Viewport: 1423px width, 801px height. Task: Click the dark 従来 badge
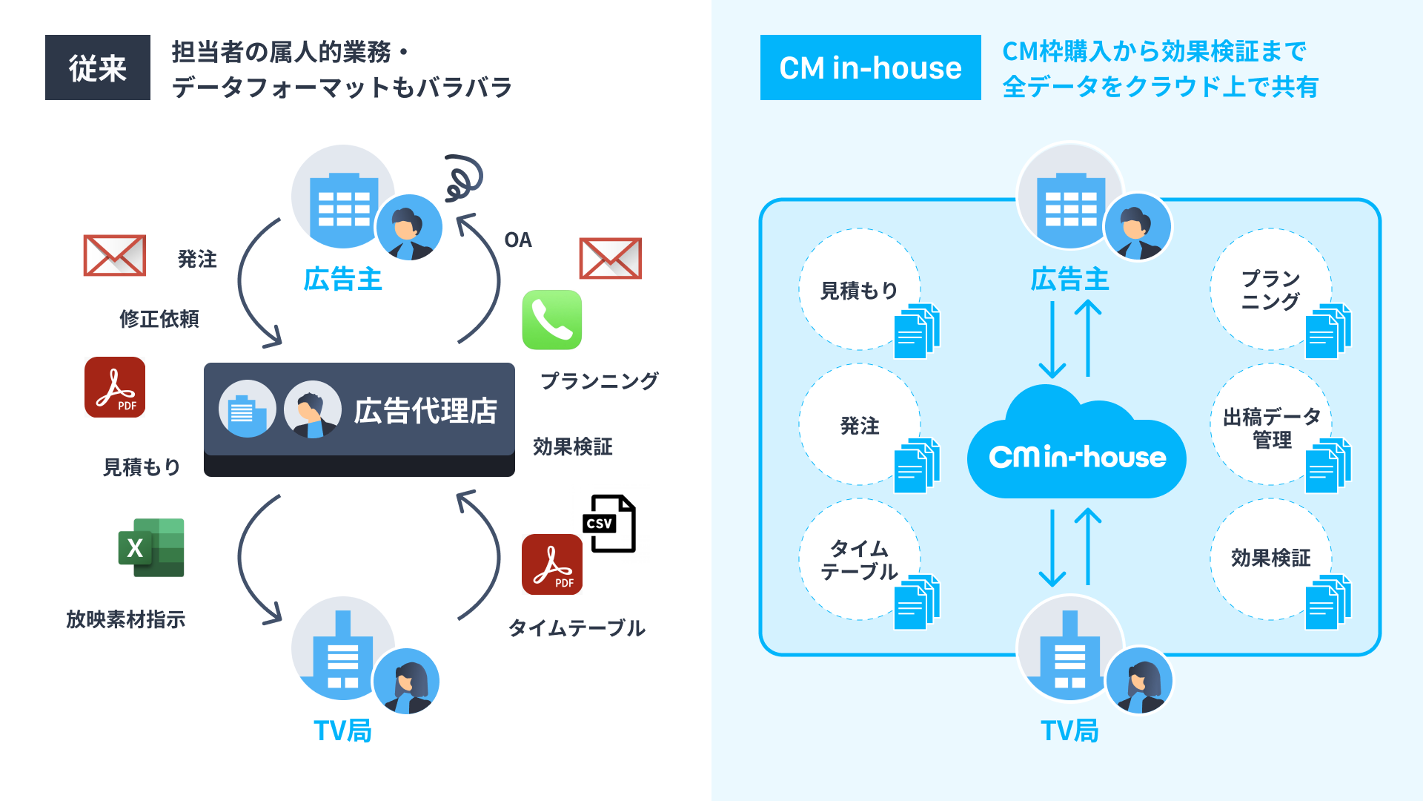pyautogui.click(x=97, y=67)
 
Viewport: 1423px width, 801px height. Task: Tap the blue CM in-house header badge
pyautogui.click(x=870, y=67)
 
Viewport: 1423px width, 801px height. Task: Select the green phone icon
pyautogui.click(x=552, y=320)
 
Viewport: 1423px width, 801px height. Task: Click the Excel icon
pyautogui.click(x=151, y=548)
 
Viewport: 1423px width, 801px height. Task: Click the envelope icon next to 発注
pyautogui.click(x=115, y=255)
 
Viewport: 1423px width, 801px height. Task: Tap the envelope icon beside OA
pyautogui.click(x=610, y=258)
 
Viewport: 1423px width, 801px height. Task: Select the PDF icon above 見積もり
pyautogui.click(x=115, y=387)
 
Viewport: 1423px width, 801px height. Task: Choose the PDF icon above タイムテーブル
pyautogui.click(x=552, y=564)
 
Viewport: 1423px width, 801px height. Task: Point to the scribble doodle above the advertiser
pyautogui.click(x=463, y=178)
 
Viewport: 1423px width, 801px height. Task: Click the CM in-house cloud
pyautogui.click(x=1076, y=449)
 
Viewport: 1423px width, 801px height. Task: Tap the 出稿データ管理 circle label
pyautogui.click(x=1271, y=428)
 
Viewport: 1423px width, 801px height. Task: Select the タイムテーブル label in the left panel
pyautogui.click(x=577, y=628)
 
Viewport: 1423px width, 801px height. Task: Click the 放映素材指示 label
pyautogui.click(x=126, y=619)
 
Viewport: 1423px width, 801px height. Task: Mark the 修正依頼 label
pyautogui.click(x=159, y=319)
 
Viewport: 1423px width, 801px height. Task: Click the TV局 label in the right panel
pyautogui.click(x=1069, y=731)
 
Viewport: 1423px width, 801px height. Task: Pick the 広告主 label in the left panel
pyautogui.click(x=342, y=280)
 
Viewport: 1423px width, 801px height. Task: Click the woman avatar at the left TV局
pyautogui.click(x=406, y=682)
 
